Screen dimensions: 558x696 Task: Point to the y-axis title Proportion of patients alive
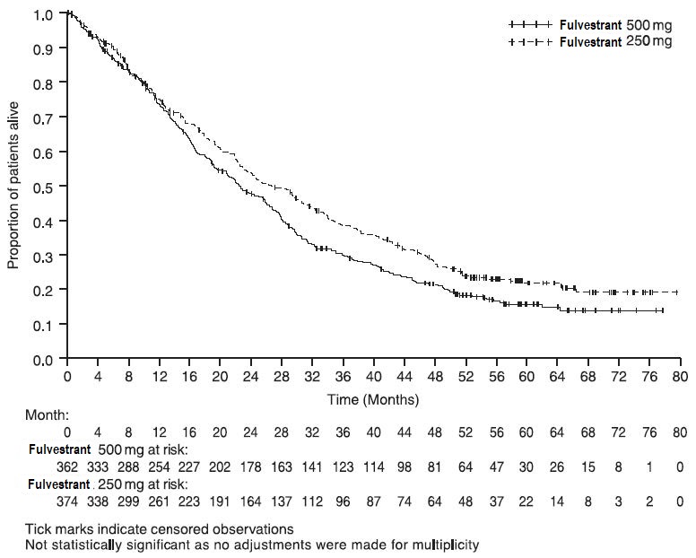pyautogui.click(x=13, y=186)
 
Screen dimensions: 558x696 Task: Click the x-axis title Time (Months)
pyautogui.click(x=373, y=399)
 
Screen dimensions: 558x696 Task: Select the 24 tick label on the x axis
pyautogui.click(x=251, y=376)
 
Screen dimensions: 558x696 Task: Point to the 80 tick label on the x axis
pyautogui.click(x=681, y=376)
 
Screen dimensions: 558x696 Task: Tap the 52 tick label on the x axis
pyautogui.click(x=465, y=376)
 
